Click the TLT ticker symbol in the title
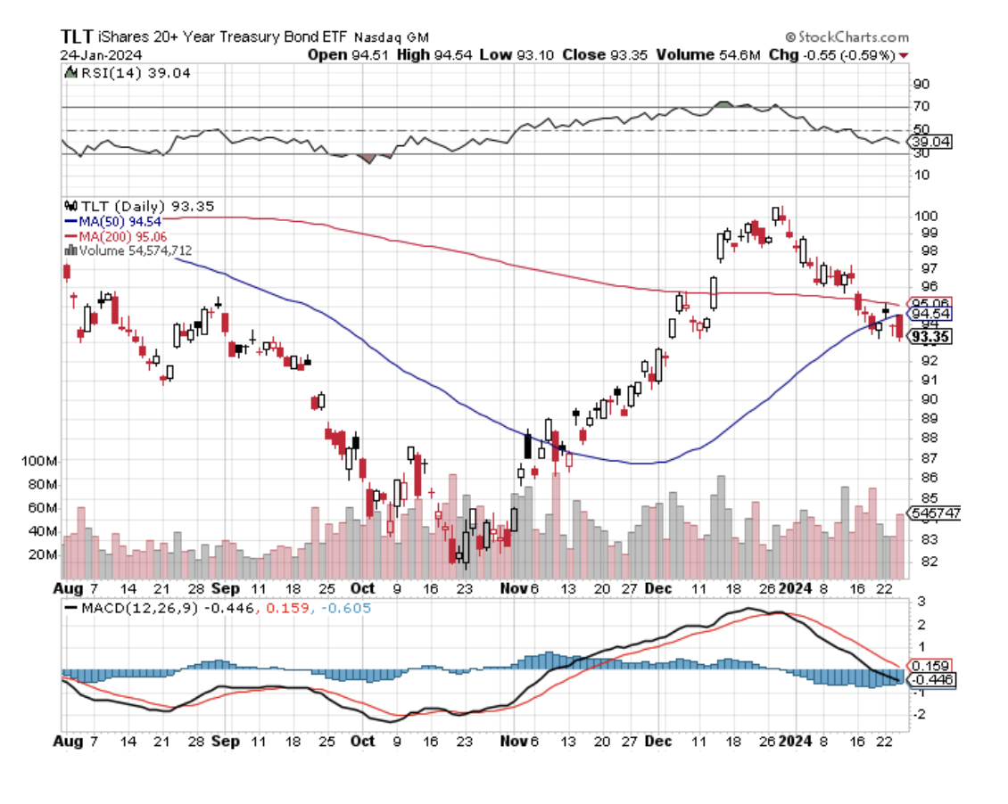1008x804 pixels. [76, 37]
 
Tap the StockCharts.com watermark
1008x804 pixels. [847, 37]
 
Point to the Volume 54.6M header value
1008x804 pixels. [708, 54]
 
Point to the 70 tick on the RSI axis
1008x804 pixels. [921, 107]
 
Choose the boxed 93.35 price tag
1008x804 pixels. [930, 337]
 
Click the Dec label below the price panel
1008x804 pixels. [659, 589]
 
